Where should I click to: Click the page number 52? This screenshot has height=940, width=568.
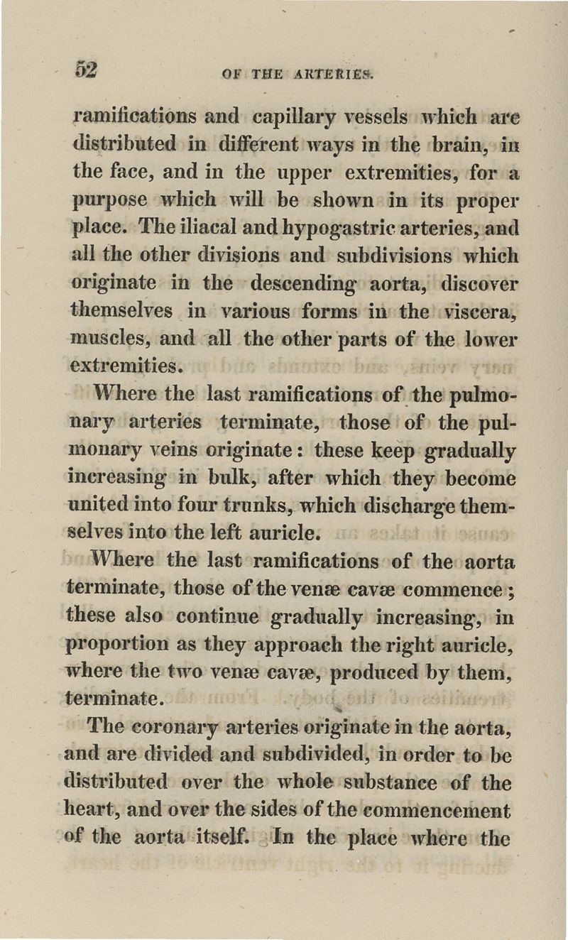[86, 70]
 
